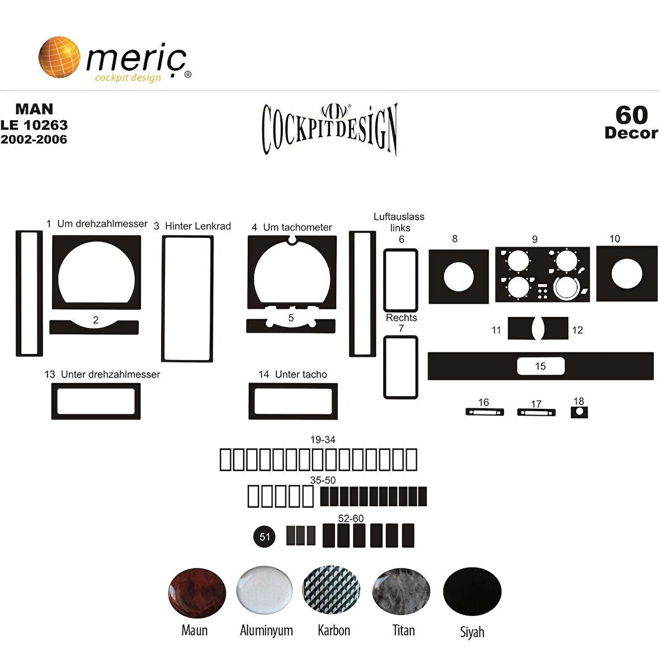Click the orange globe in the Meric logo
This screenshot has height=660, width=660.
(x=59, y=57)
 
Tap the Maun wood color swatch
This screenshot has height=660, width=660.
(x=196, y=593)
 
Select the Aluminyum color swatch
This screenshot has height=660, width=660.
(x=265, y=590)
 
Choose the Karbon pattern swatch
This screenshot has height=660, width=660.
(x=331, y=590)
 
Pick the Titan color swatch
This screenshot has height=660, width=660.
(x=401, y=591)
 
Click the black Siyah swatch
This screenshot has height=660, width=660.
(x=472, y=591)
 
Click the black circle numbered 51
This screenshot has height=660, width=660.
(x=265, y=537)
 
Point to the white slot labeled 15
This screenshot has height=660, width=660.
(x=540, y=366)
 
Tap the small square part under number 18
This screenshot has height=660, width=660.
(x=579, y=412)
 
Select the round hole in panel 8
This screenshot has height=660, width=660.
(x=459, y=276)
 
